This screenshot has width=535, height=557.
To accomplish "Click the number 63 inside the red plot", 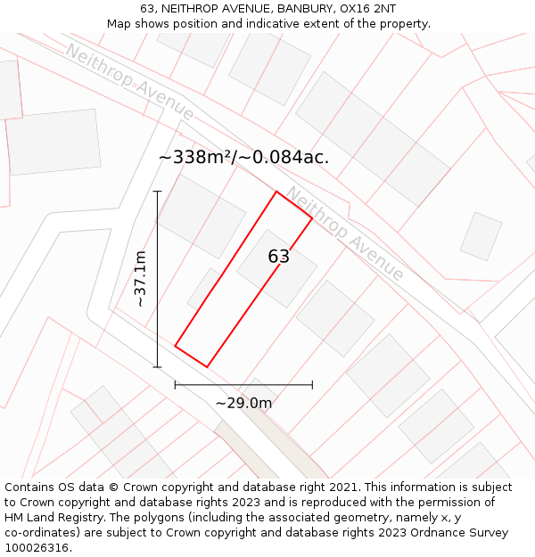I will pos(278,257).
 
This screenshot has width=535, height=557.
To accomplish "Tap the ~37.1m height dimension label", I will pos(140,279).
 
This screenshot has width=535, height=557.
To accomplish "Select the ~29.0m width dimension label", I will pos(243,403).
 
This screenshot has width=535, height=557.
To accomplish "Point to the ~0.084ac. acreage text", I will pos(288,157).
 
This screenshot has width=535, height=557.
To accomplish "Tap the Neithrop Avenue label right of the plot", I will pos(345,233).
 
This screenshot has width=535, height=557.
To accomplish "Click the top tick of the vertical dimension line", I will pos(158,191).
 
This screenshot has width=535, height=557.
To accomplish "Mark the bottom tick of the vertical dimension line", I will pos(158,366).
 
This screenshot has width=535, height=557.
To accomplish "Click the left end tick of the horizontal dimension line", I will pos(176,385).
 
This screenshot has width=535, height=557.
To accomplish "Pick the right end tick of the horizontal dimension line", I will pos(312,385).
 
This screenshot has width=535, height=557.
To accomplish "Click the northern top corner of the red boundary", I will pos(276,192).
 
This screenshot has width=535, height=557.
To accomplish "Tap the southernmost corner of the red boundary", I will pos(207,366).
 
